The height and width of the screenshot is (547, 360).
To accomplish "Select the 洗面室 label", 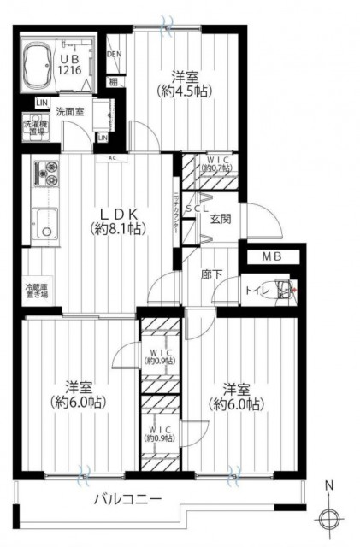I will (70, 112).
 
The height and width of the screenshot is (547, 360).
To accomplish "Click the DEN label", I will (115, 56).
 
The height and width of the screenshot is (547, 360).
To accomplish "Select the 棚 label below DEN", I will (113, 82).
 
